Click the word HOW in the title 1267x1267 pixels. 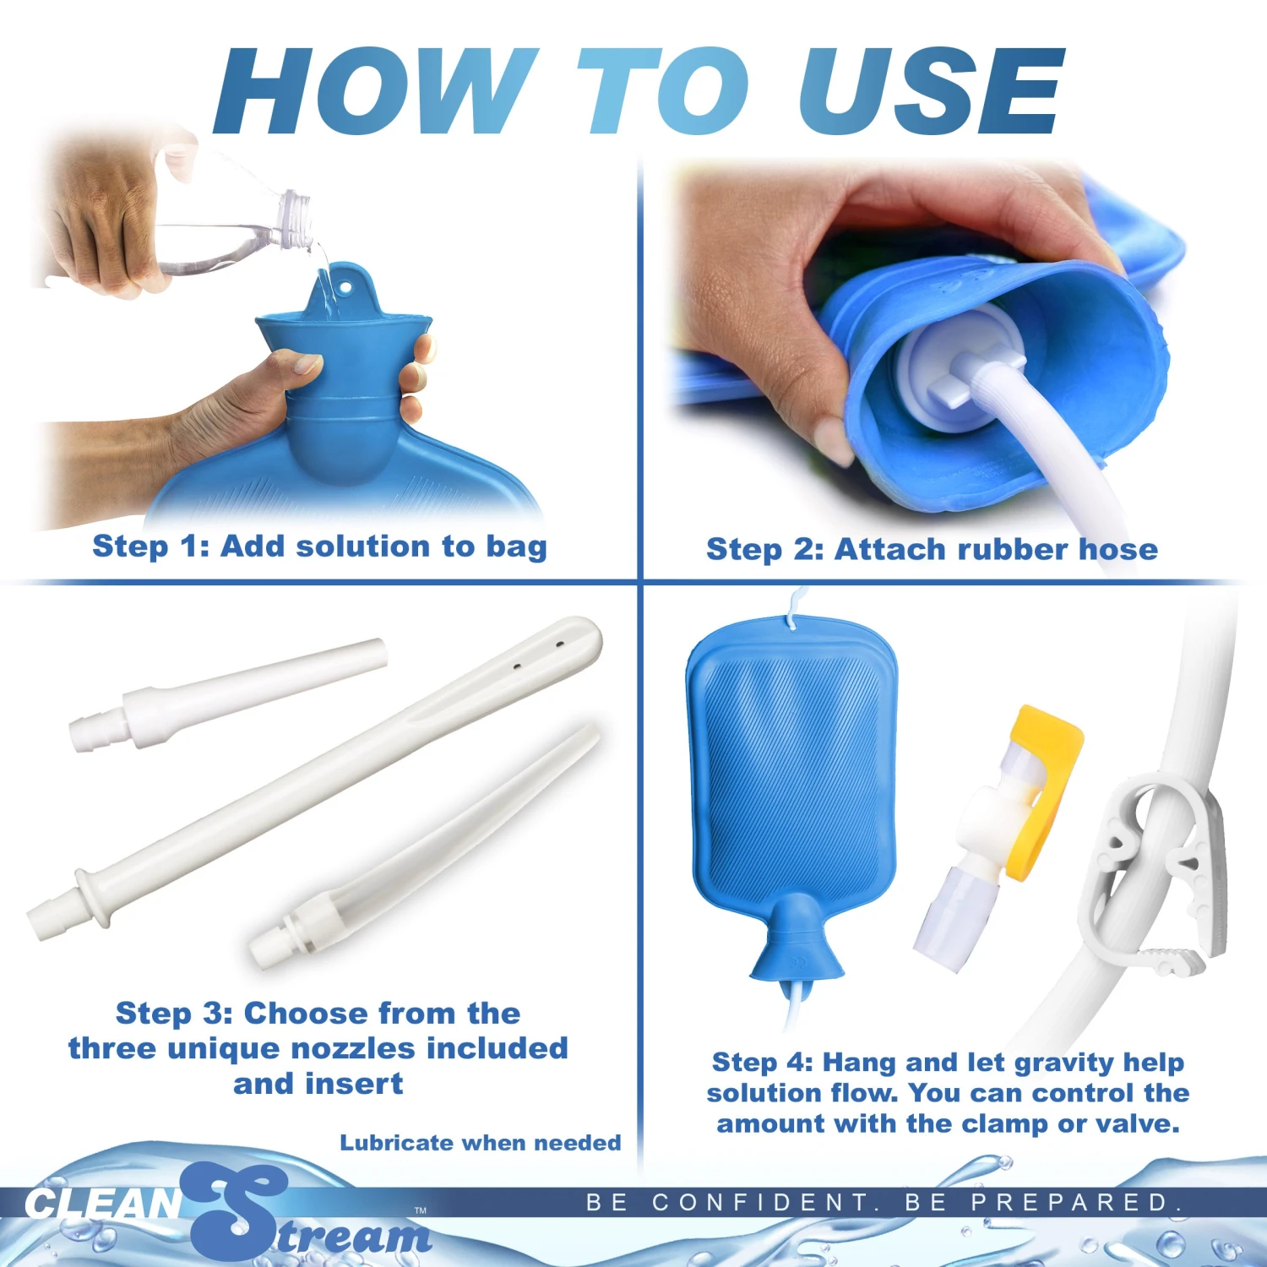(x=372, y=91)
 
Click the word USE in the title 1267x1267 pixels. (x=929, y=91)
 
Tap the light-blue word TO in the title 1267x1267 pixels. (x=663, y=91)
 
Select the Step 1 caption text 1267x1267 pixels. (x=319, y=546)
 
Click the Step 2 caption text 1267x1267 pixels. (x=932, y=550)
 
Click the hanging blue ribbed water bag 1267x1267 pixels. (x=792, y=777)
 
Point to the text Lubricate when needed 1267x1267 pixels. (x=480, y=1143)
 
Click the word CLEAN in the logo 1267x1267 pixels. (x=101, y=1204)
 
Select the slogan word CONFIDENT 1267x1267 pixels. (x=764, y=1202)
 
